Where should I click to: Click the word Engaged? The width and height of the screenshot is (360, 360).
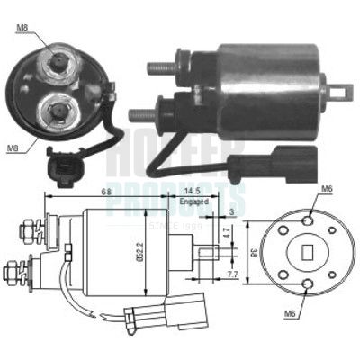pyautogui.click(x=193, y=204)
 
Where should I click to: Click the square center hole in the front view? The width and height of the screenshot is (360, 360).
pyautogui.click(x=311, y=253)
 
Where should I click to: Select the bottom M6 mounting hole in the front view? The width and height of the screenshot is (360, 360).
pyautogui.click(x=311, y=287)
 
